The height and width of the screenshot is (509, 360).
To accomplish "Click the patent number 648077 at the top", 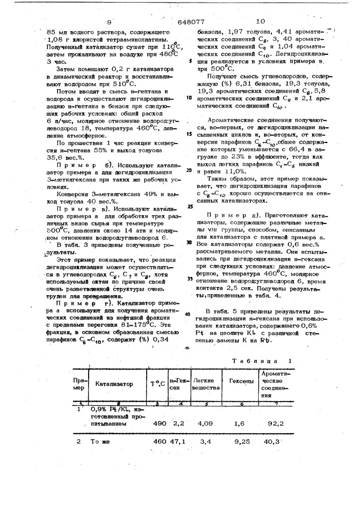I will (x=192, y=22).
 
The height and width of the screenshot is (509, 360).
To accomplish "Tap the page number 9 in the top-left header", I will (x=109, y=22).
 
